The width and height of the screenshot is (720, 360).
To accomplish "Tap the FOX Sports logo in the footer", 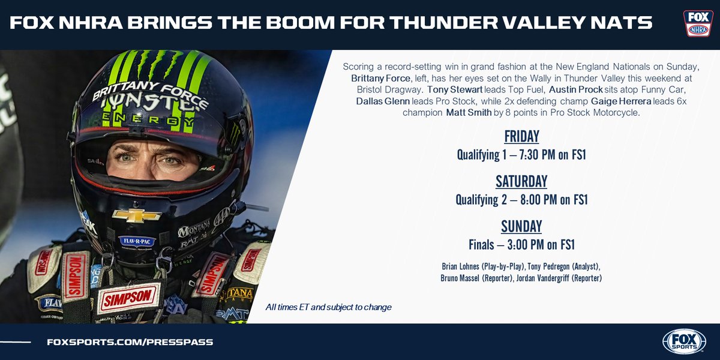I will click(683, 341).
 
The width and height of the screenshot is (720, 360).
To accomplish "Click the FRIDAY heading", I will click(521, 136).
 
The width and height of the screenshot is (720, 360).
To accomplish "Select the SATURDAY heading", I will click(521, 181).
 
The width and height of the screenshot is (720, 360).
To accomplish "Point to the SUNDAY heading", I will click(521, 226).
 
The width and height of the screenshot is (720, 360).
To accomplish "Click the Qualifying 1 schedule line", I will click(521, 155).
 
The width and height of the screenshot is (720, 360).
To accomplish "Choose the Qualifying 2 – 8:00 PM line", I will click(521, 200).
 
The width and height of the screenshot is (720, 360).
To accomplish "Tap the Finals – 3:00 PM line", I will click(521, 245).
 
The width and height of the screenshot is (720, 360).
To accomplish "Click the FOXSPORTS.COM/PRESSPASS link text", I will click(130, 342).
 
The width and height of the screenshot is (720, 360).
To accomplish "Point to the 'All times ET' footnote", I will click(328, 307).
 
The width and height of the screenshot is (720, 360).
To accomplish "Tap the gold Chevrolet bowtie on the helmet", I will click(136, 215).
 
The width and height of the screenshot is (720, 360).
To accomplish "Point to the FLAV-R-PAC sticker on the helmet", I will click(137, 241).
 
